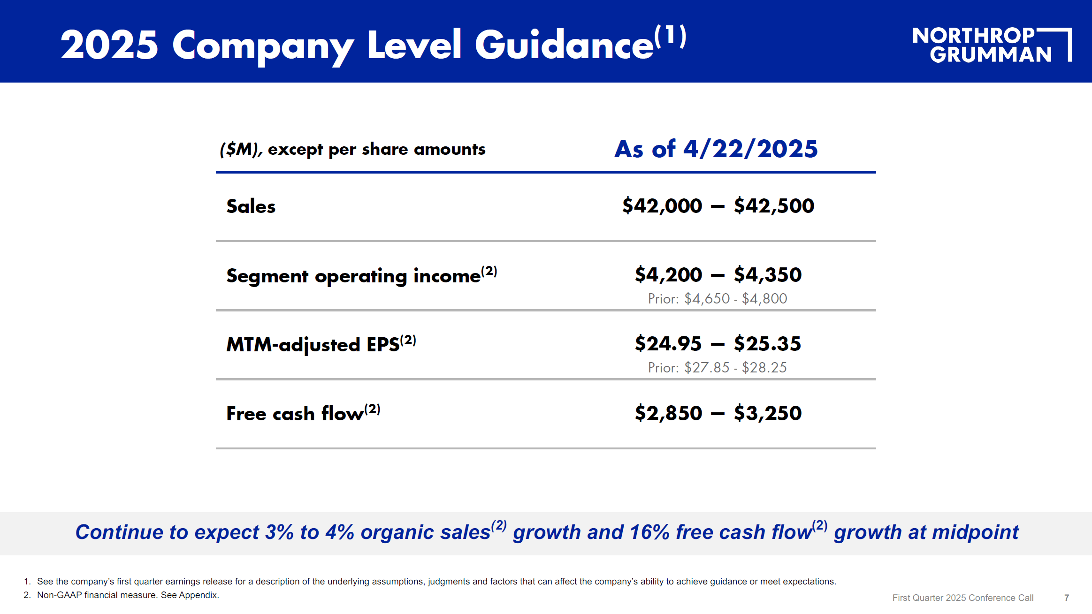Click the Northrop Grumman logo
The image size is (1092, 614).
992,45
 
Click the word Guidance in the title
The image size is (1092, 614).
564,45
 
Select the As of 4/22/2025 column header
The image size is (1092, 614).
716,149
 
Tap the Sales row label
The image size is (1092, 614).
251,206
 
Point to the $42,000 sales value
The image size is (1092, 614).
662,206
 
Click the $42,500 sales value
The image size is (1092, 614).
774,206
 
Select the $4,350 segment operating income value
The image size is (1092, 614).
768,275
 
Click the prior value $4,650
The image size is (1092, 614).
707,298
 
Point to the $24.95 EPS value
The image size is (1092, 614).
668,344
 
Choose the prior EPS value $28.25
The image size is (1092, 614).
764,367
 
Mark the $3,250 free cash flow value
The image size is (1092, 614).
768,413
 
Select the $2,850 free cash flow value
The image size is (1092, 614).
669,413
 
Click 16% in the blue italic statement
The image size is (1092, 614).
649,532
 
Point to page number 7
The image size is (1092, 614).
1067,598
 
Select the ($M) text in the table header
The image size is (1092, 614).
241,149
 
